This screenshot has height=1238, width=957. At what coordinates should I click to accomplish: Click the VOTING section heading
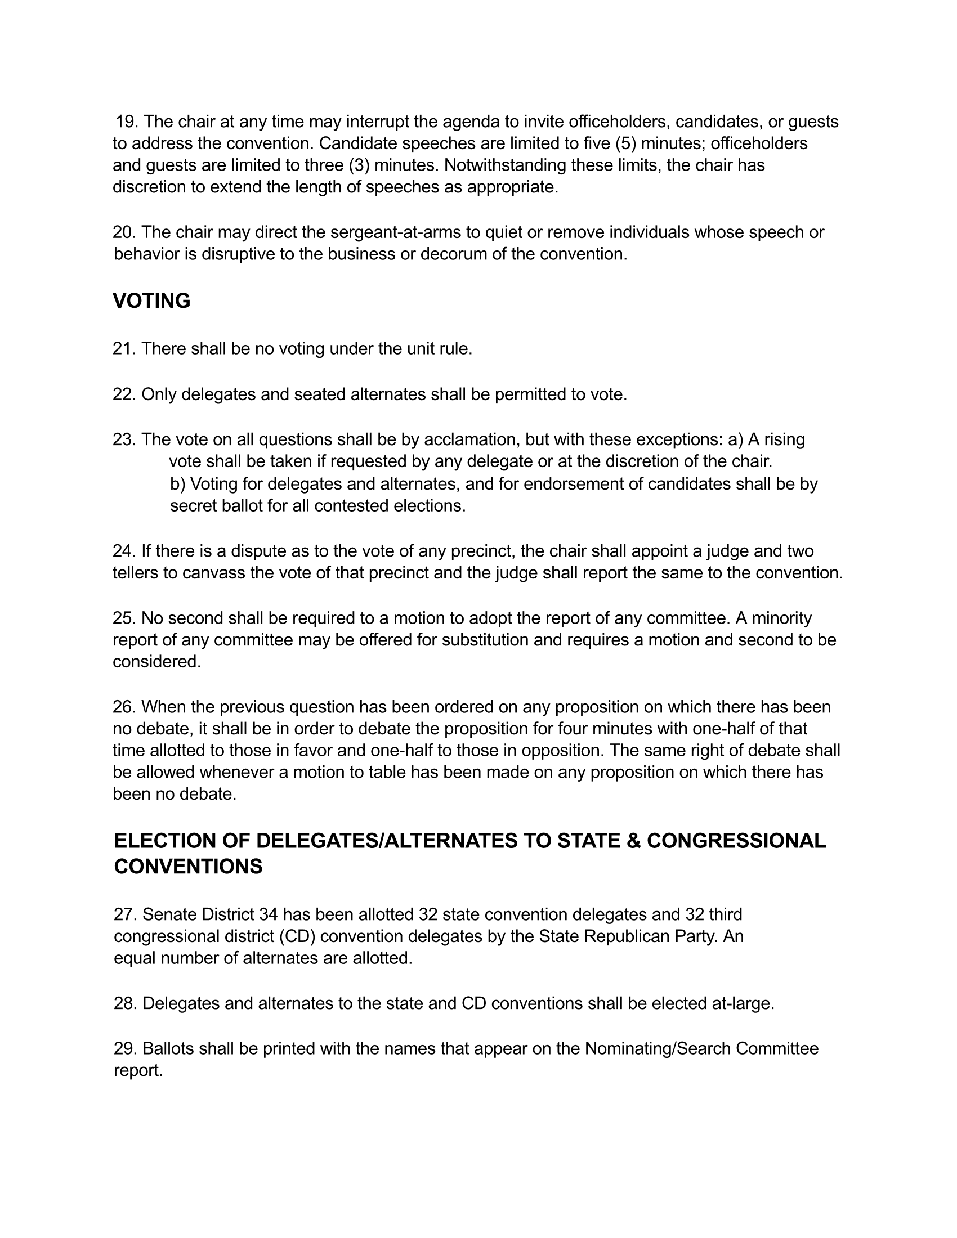[151, 301]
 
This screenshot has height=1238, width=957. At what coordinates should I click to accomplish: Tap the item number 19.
[127, 122]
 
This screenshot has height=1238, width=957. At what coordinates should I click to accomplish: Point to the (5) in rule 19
[626, 143]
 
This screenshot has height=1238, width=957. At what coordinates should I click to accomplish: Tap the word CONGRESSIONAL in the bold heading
[736, 841]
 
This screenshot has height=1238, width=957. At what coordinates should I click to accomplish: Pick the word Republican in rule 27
[626, 936]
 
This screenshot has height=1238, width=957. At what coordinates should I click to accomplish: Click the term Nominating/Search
[657, 1049]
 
